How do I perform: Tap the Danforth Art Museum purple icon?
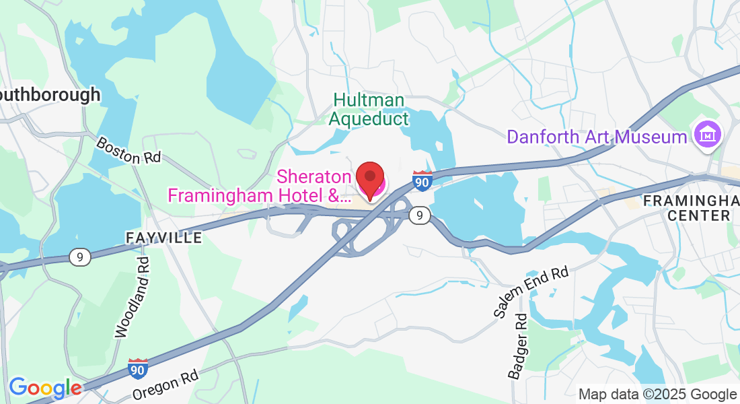click(x=708, y=137)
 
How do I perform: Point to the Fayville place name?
click(x=163, y=238)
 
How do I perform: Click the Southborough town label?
click(x=50, y=95)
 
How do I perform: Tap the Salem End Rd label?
click(x=531, y=292)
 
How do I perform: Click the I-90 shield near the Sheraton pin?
click(x=422, y=180)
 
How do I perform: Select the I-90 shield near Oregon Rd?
click(x=138, y=368)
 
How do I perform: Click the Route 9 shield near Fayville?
click(x=79, y=257)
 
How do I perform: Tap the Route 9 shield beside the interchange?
click(x=419, y=215)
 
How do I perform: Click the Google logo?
click(x=44, y=387)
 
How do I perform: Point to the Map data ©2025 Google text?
click(x=657, y=395)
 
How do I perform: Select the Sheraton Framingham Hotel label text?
click(x=259, y=187)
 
